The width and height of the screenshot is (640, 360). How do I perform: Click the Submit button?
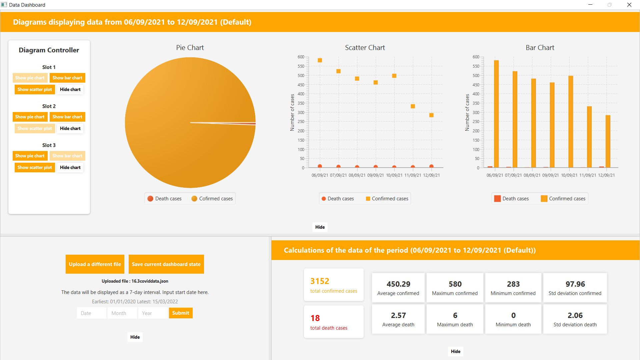(x=180, y=313)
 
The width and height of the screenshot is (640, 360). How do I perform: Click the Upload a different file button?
(x=95, y=264)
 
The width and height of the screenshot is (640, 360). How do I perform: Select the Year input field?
(x=153, y=313)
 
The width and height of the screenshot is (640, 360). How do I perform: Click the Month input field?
(x=122, y=313)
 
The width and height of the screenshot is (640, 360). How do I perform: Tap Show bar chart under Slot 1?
(x=67, y=78)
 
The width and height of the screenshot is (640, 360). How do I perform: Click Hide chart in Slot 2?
(x=70, y=129)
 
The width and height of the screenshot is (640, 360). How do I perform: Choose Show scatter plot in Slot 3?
(x=35, y=168)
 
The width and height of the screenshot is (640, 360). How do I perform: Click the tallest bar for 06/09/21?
(x=496, y=113)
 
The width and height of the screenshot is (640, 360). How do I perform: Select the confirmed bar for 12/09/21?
(x=608, y=141)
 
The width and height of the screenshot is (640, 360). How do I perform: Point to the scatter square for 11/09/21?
(x=413, y=106)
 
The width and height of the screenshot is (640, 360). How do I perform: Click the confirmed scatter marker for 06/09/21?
(x=320, y=60)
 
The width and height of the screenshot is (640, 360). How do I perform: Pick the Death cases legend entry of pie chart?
(x=165, y=199)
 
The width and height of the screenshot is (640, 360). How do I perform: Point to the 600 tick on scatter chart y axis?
(x=301, y=57)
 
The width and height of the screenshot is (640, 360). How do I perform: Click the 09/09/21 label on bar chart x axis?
(x=550, y=175)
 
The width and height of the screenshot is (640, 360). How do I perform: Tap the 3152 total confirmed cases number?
(x=320, y=281)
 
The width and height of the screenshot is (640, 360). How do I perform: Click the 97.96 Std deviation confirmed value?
(x=575, y=284)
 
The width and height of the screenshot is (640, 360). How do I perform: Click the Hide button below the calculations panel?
(x=455, y=351)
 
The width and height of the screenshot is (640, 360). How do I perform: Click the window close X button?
(x=629, y=5)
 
